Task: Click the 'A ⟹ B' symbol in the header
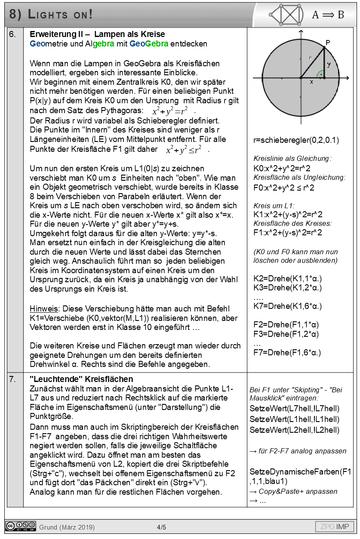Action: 328,15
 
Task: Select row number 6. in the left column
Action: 13,34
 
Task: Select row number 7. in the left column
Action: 13,379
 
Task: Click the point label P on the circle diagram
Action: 328,42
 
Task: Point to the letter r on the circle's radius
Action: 309,58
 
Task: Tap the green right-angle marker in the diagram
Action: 319,73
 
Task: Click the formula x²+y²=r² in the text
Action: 171,111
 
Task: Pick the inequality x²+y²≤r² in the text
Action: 184,150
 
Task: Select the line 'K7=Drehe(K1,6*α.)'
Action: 287,306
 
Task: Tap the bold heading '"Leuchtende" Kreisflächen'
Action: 81,379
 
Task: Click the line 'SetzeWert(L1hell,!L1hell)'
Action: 294,419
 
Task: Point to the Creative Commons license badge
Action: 21,526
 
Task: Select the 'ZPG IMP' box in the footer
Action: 335,527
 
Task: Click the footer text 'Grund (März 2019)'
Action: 67,527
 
